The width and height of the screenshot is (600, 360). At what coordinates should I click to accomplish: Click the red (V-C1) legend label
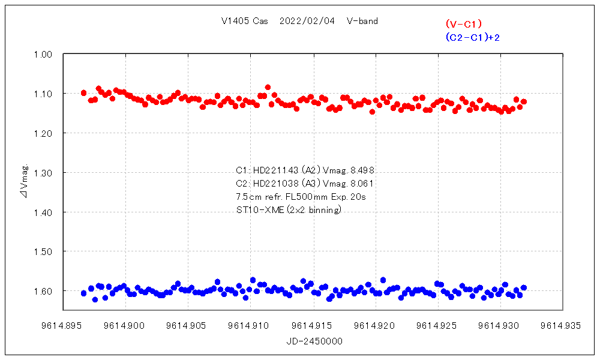point(464,24)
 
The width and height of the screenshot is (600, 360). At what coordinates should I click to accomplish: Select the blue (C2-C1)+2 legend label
point(473,37)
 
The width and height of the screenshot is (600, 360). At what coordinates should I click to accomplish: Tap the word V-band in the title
point(362,21)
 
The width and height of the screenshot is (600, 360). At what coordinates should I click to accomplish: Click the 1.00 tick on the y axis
point(44,55)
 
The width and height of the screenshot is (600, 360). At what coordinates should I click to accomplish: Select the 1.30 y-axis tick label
point(44,173)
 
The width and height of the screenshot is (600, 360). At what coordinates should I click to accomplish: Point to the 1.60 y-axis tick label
point(44,291)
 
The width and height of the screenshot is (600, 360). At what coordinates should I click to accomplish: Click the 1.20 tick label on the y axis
point(44,133)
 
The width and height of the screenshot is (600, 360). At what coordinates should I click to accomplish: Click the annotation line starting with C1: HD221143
point(306,170)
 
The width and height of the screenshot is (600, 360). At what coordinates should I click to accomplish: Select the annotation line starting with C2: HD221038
point(306,183)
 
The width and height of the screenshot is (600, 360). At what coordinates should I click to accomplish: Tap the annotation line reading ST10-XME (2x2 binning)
point(289,209)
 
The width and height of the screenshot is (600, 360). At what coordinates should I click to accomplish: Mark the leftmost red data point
point(83,92)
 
